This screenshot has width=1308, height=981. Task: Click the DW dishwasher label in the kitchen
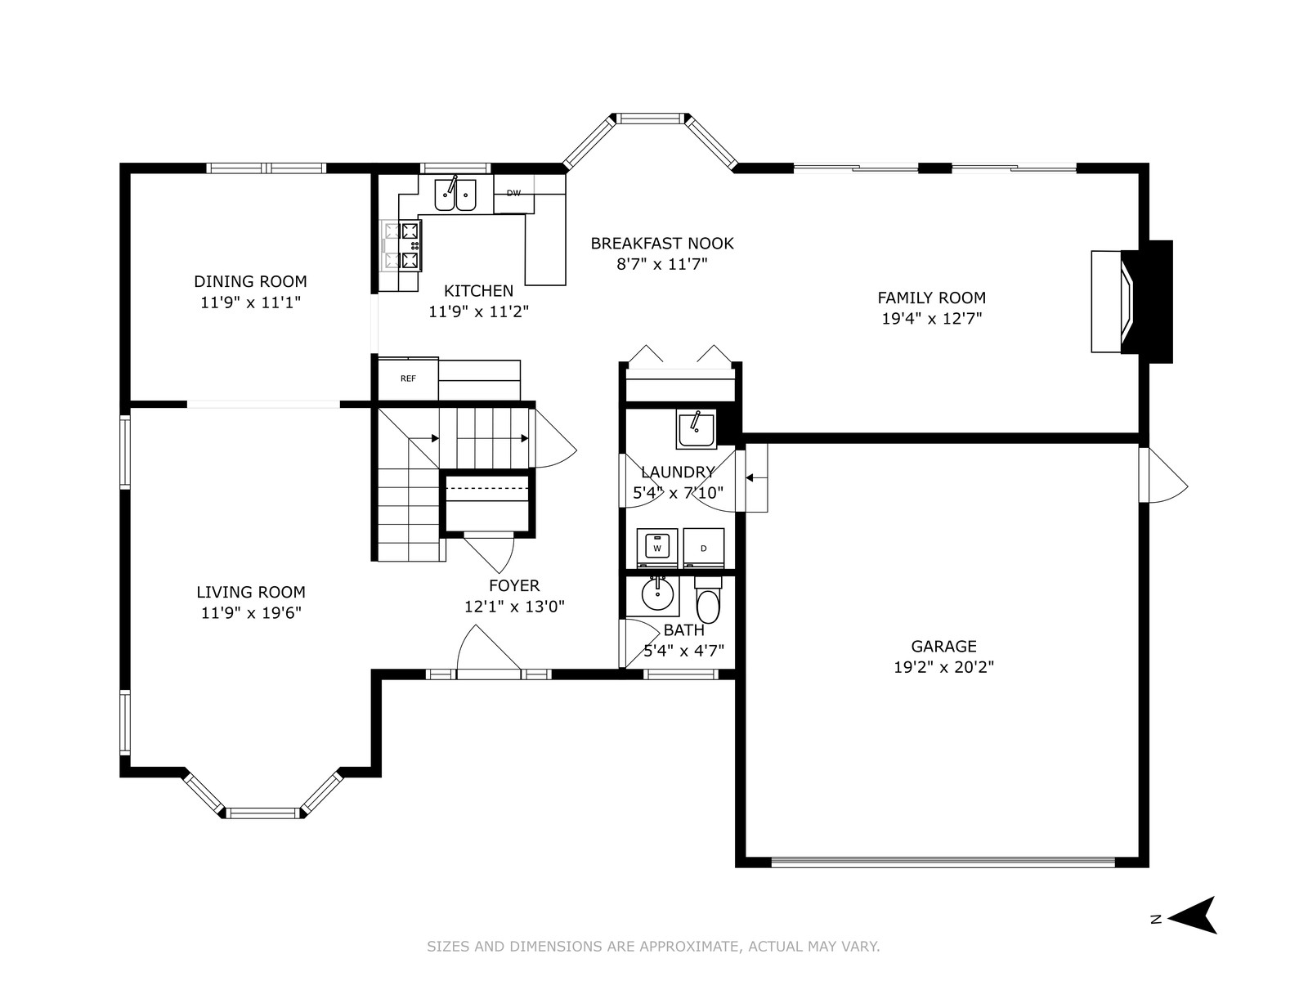point(513,193)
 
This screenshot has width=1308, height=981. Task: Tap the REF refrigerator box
point(408,379)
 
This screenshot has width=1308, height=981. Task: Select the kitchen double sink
point(455,195)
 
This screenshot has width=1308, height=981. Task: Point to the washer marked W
point(656,548)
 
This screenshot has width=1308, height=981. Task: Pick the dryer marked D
point(704,548)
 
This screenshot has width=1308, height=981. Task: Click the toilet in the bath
point(708,599)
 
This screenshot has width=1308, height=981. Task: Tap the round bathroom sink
point(658,594)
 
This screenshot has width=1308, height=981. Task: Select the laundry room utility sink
point(696,429)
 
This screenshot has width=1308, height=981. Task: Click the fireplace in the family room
point(1131,302)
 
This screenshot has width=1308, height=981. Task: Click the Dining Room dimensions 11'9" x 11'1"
point(250,302)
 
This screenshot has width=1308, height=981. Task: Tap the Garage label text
point(944,647)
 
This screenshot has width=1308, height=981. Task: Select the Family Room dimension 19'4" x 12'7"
point(932,319)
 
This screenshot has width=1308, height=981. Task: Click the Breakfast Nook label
point(662,243)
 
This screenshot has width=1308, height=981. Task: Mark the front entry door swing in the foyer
point(489,649)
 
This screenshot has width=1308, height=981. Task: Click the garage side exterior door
point(1162,475)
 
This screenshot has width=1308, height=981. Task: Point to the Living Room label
point(251,592)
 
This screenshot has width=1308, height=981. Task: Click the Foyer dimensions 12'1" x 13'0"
point(514,607)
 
